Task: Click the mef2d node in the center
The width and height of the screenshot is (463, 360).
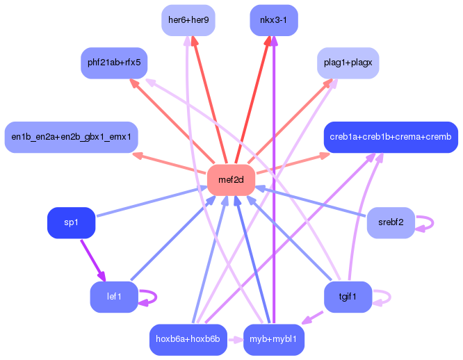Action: [231, 180]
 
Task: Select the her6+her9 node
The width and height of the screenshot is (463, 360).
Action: [188, 19]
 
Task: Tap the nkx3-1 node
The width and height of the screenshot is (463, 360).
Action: [273, 19]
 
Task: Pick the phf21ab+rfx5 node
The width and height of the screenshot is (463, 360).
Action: [114, 63]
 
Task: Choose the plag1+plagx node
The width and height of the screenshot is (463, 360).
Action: [348, 63]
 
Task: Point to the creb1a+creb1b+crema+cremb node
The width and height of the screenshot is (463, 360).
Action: [391, 137]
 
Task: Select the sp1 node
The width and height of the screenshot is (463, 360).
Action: [71, 222]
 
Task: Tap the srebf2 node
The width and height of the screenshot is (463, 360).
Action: [391, 222]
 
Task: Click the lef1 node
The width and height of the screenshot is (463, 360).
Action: [114, 297]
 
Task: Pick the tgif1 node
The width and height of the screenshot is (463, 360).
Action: [348, 297]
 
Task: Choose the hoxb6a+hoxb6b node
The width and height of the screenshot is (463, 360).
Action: [188, 339]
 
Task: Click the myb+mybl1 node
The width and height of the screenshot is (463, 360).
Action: [273, 339]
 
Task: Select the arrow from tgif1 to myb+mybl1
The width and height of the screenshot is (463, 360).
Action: [313, 317]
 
